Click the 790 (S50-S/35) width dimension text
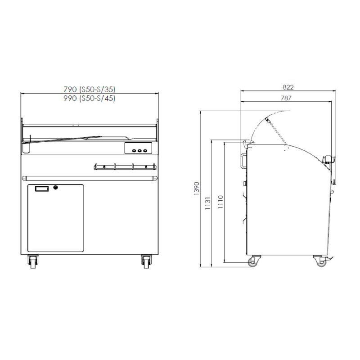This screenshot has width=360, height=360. (x=90, y=89)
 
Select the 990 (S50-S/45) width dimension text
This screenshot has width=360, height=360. (x=90, y=98)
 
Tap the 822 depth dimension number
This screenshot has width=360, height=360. (x=288, y=87)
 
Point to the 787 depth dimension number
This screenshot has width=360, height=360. (x=286, y=98)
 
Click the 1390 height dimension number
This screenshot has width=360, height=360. (x=197, y=189)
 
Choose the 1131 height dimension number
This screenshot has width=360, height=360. (x=207, y=203)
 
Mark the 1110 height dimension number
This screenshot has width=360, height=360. (x=220, y=202)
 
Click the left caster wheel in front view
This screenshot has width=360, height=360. (x=33, y=262)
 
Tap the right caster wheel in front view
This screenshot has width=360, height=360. (x=146, y=262)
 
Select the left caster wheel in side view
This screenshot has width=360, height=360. (x=253, y=261)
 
